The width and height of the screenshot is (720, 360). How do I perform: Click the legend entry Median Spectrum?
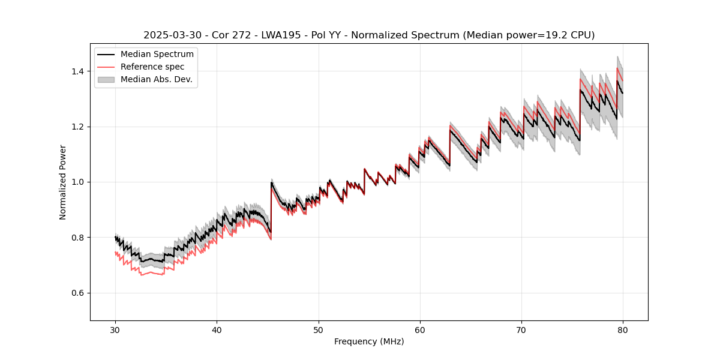157,55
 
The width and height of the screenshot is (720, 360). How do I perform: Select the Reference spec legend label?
152,67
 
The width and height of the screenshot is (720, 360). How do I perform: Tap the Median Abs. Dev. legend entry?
156,79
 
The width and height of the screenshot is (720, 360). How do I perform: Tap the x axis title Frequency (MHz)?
369,341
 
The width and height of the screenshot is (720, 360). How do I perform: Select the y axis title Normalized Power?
63,182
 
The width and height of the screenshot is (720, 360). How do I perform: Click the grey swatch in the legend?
106,79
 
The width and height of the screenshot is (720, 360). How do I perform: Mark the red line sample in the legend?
106,67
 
